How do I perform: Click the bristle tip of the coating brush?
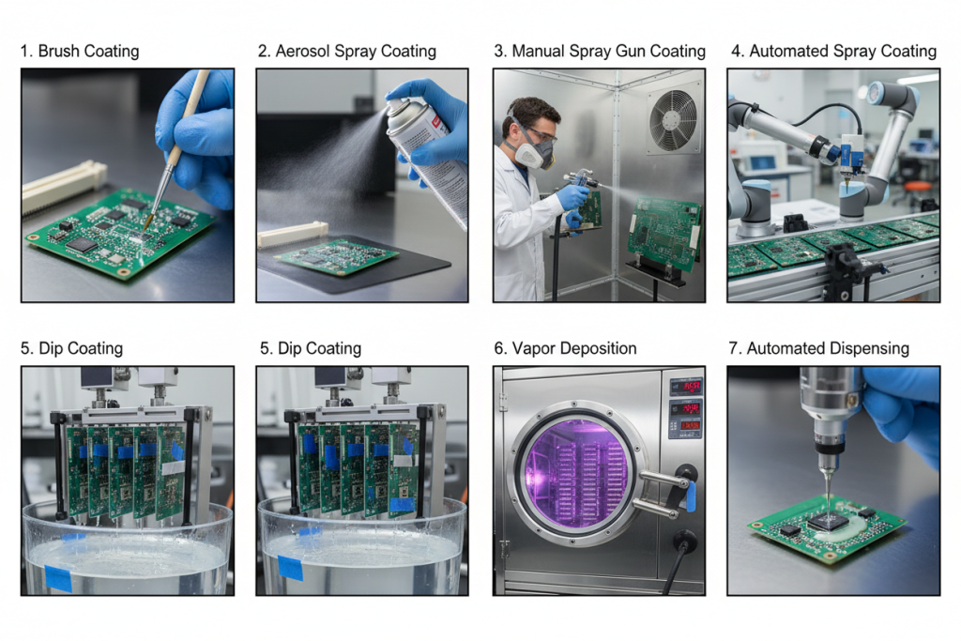(x=145, y=223)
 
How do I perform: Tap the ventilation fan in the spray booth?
(x=674, y=119)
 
